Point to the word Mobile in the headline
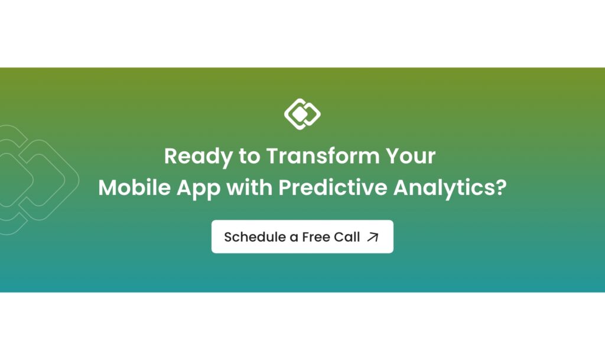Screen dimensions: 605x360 click(134, 187)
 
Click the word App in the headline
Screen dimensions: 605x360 click(199, 189)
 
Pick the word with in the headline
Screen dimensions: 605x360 click(249, 187)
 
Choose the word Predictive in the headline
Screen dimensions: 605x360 click(333, 187)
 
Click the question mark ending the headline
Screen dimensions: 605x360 click(500, 187)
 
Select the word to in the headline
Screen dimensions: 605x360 click(249, 156)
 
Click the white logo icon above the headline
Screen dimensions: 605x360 click(302, 114)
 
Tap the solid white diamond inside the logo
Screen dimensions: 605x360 click(300, 114)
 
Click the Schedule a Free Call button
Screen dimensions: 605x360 click(302, 236)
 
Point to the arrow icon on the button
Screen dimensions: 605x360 click(373, 237)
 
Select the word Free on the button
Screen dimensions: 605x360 click(316, 237)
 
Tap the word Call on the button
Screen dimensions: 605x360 click(347, 237)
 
